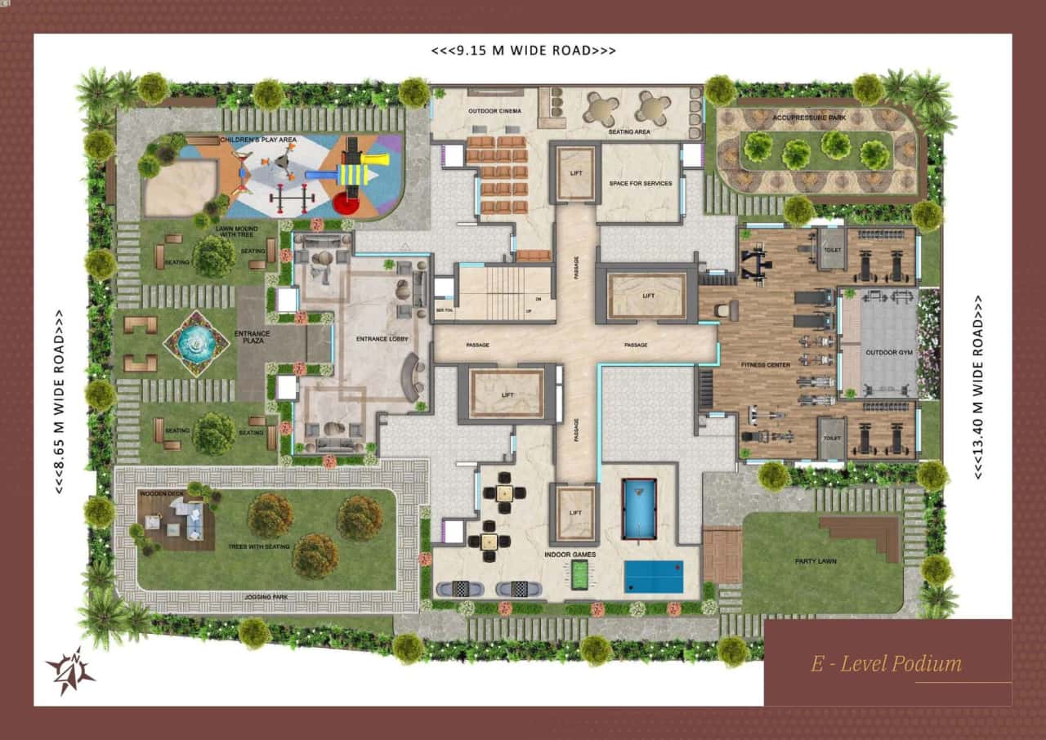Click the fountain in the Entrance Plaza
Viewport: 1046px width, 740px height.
(x=196, y=343)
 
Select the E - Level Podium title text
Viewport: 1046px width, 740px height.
(x=886, y=663)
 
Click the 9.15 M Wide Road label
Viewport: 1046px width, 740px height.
(x=523, y=51)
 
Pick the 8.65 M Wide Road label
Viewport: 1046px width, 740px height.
(x=59, y=401)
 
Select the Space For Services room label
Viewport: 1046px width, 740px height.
(x=641, y=184)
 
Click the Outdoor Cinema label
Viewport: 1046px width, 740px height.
(x=495, y=111)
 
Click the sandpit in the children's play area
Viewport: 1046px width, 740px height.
(x=180, y=186)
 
